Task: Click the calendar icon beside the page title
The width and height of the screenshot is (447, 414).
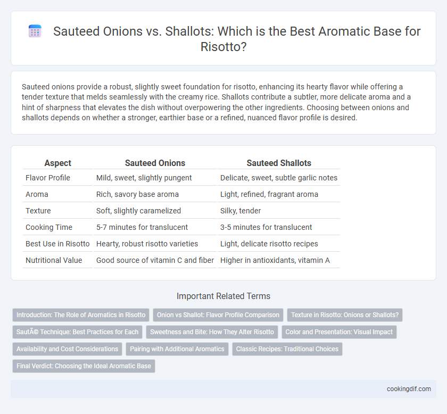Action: click(35, 31)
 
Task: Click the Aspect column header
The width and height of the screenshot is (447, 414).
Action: click(58, 163)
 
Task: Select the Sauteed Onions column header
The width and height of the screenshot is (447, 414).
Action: click(155, 163)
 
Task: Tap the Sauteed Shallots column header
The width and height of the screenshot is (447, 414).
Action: click(279, 163)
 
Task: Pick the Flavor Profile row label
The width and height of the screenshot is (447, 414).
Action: click(48, 178)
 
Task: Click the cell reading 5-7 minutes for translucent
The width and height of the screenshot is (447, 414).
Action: click(142, 227)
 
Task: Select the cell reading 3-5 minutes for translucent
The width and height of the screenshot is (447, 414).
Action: click(266, 227)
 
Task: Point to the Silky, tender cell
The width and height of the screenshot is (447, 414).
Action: click(241, 211)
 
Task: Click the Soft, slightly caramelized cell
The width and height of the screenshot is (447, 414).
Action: click(138, 211)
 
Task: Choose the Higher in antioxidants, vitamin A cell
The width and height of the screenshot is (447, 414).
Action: click(275, 260)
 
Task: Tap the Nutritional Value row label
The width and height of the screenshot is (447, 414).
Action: click(54, 260)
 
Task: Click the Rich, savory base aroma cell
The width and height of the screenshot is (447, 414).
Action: click(137, 194)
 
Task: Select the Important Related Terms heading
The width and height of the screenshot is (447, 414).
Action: click(223, 296)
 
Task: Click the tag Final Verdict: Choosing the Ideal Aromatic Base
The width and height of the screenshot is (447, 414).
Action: click(84, 366)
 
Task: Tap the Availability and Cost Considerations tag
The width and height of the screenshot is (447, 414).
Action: click(67, 349)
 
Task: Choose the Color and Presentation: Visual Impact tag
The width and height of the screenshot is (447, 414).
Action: click(339, 332)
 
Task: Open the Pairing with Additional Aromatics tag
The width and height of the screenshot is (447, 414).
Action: click(177, 349)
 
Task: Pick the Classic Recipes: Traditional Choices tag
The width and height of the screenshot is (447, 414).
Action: click(287, 349)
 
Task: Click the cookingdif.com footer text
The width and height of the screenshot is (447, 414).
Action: click(409, 389)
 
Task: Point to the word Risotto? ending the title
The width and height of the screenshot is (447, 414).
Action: click(223, 46)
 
